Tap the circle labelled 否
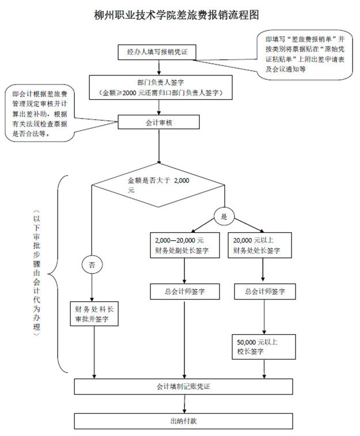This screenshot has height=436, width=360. coord(92,264)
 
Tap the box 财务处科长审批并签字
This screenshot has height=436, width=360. coord(94,314)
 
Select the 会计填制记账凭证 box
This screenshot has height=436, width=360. coord(179,386)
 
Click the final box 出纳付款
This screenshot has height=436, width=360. coord(179,420)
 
